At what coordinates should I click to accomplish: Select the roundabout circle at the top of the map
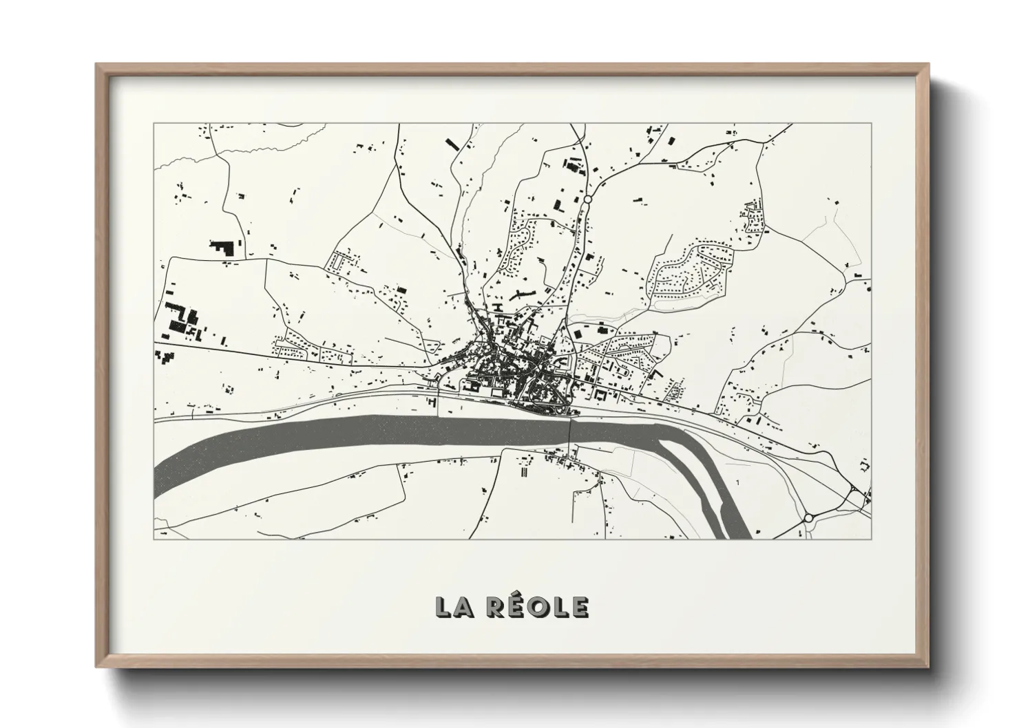(x=588, y=199)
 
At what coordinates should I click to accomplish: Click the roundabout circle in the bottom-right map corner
(x=808, y=517)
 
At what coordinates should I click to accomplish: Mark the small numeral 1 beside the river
(x=737, y=482)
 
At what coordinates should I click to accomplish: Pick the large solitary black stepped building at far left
(x=222, y=248)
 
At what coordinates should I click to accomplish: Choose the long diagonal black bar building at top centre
(x=452, y=143)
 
